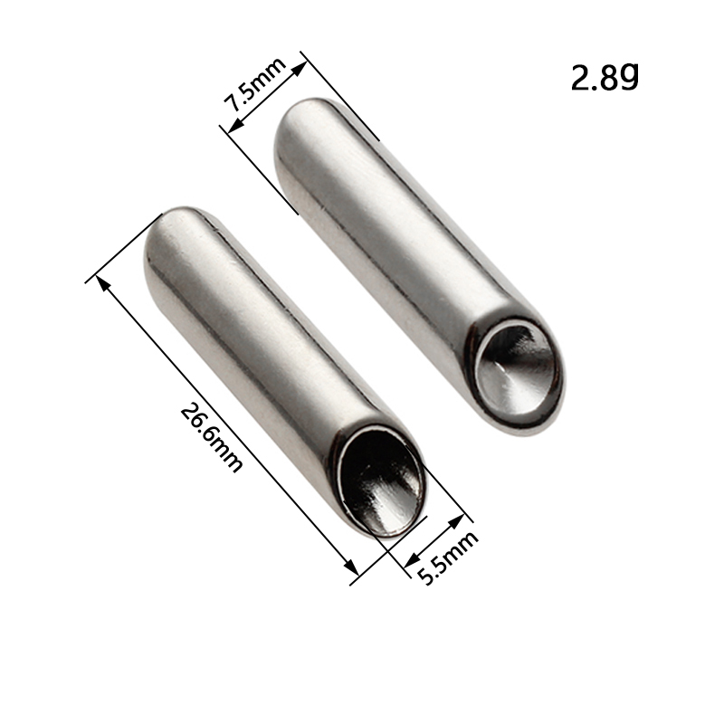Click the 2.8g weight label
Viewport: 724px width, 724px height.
(x=605, y=77)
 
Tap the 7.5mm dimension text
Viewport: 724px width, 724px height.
(x=254, y=84)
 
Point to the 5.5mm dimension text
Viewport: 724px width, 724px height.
(x=447, y=557)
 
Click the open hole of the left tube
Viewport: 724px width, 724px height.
(x=382, y=481)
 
